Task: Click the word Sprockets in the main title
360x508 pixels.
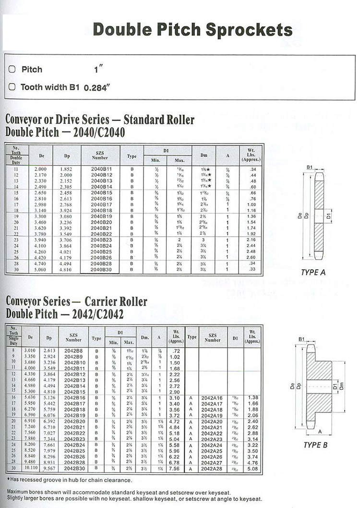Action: pyautogui.click(x=249, y=29)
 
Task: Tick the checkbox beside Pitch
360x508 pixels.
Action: pyautogui.click(x=12, y=69)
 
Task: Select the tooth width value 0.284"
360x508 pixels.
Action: pyautogui.click(x=97, y=88)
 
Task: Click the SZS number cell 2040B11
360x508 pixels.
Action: pyautogui.click(x=101, y=169)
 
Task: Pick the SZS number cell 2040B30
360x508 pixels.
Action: pyautogui.click(x=101, y=269)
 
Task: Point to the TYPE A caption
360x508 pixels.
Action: pyautogui.click(x=313, y=272)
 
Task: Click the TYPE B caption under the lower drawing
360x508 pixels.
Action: pyautogui.click(x=315, y=445)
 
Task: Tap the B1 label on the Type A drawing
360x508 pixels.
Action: pyautogui.click(x=310, y=168)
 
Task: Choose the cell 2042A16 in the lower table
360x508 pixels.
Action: pyautogui.click(x=213, y=398)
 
